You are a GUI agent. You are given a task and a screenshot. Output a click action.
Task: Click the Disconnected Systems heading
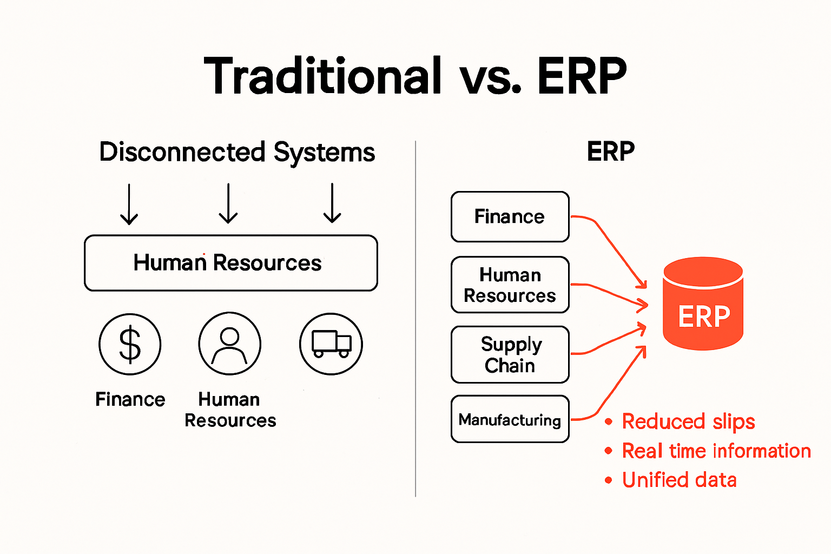point(237,152)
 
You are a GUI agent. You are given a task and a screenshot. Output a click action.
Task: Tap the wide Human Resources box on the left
point(231,263)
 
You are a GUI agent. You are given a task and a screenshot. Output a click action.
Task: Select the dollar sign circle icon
point(130,344)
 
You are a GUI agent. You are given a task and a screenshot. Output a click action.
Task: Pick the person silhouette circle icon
point(229,344)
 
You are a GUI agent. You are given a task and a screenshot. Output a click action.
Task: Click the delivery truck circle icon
point(331,344)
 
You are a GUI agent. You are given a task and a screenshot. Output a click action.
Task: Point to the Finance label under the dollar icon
point(130,399)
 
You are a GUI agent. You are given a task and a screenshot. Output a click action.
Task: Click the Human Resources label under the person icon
point(230,410)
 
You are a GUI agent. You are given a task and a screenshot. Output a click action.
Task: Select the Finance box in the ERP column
point(510,216)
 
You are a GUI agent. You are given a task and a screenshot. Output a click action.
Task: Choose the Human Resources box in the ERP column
point(510,285)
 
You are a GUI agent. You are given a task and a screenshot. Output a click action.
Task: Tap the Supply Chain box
point(510,354)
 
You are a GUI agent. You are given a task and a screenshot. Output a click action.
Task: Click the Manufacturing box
point(510,419)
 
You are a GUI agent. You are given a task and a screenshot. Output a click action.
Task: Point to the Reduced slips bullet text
point(688,421)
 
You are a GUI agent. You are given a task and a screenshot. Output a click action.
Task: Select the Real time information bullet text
point(716,451)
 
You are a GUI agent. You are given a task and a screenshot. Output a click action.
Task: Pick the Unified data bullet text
point(679,480)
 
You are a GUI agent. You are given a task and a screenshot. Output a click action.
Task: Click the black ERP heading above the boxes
point(610,151)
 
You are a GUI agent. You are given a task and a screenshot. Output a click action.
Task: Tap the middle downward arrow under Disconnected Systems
point(228,203)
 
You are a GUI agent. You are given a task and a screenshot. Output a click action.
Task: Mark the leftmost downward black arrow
point(129,203)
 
